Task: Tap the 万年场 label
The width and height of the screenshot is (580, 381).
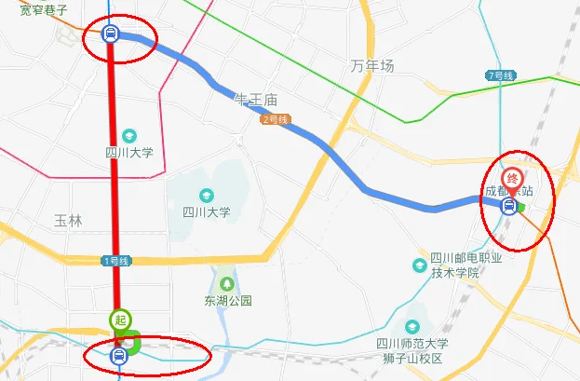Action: click(372, 66)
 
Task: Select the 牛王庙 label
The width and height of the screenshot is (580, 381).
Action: click(258, 99)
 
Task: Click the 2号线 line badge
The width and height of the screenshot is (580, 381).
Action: click(277, 119)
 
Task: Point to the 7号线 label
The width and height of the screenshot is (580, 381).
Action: click(500, 75)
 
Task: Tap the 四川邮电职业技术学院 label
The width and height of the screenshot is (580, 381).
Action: click(454, 265)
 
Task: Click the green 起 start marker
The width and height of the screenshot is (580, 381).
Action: click(119, 320)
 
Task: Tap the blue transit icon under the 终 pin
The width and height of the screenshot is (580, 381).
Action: click(508, 207)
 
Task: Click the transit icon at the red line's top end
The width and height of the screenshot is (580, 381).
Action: click(111, 35)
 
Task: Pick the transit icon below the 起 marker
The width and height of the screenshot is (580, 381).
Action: click(118, 355)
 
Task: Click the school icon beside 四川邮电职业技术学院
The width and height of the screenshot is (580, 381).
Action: click(419, 265)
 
